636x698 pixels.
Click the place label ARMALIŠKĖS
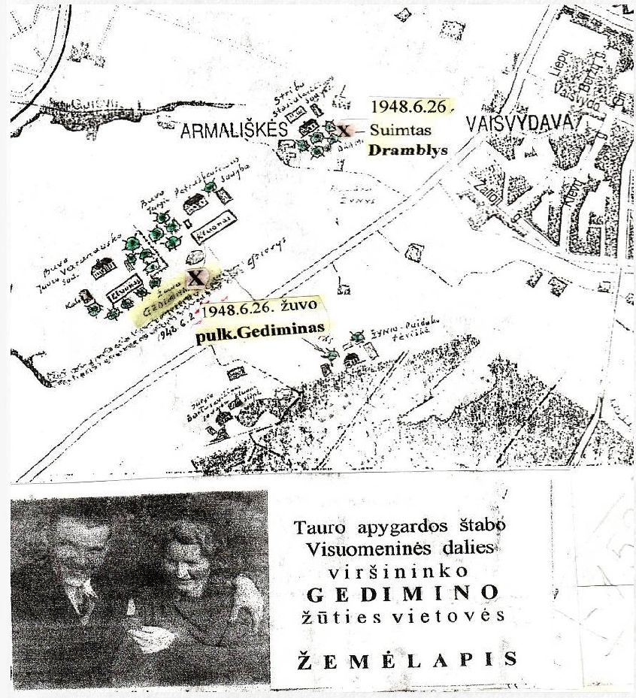point(235,131)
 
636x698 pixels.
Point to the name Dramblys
point(407,149)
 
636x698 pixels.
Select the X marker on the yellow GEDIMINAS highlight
point(195,278)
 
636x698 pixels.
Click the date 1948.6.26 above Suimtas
point(407,109)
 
